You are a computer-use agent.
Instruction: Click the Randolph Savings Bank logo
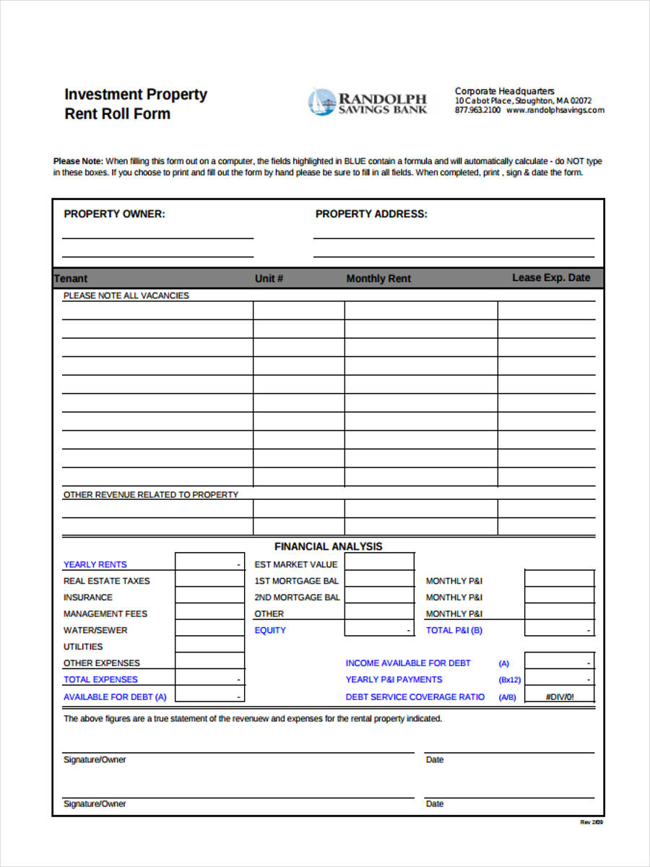coord(368,103)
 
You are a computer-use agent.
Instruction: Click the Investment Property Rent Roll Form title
coord(136,104)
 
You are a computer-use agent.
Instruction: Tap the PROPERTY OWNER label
coord(114,214)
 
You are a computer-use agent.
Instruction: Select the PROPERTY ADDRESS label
coord(371,214)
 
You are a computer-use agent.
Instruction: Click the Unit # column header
coord(269,278)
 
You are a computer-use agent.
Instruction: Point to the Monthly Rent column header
coord(378,278)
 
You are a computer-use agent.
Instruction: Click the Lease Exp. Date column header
coord(551,277)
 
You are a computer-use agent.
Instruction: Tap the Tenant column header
coord(71,278)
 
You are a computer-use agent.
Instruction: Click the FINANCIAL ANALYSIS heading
coord(329,546)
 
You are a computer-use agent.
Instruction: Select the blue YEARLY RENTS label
coord(95,564)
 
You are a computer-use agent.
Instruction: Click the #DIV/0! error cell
coord(559,696)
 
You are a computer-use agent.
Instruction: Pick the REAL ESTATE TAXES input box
coord(209,580)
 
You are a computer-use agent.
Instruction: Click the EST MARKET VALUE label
coord(296,564)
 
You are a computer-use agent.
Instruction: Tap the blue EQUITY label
coord(270,630)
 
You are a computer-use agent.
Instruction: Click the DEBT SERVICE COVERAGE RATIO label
coord(415,696)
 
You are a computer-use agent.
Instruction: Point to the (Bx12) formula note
coord(509,680)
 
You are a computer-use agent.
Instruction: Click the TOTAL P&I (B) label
coord(454,630)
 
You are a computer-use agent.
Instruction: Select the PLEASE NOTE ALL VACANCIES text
coord(126,296)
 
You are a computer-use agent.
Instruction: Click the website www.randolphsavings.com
coord(555,111)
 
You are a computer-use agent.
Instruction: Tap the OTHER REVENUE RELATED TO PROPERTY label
coord(150,495)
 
